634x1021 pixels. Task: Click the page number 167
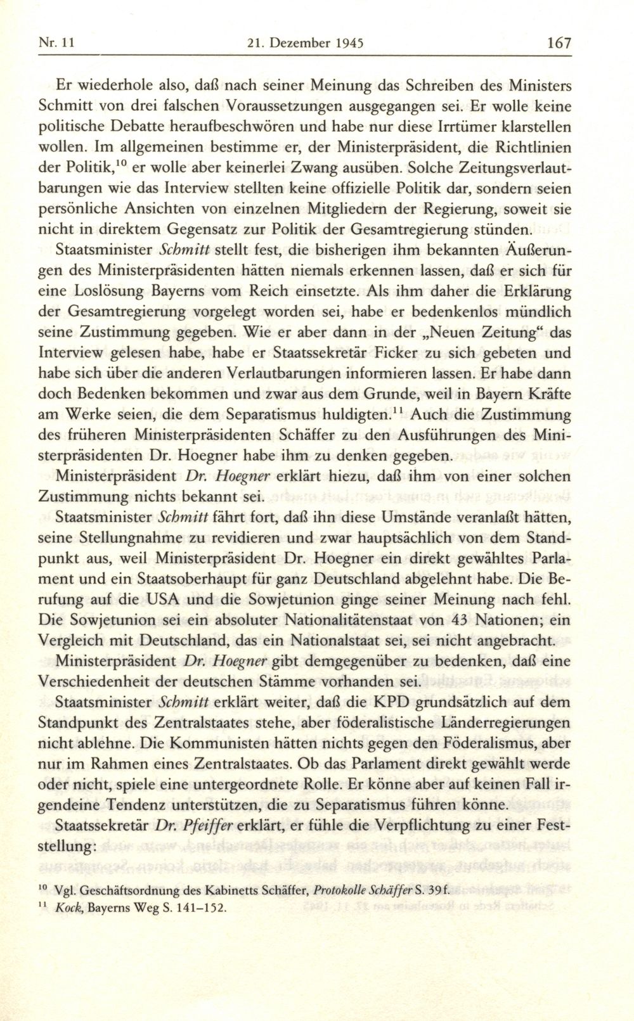559,43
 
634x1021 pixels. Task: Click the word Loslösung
111,292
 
